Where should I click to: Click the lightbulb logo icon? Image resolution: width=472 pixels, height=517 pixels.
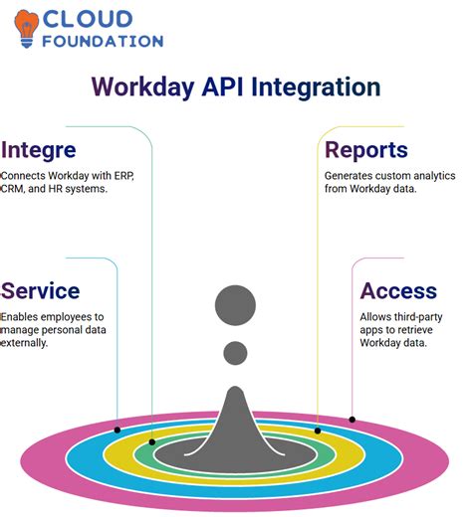point(27,28)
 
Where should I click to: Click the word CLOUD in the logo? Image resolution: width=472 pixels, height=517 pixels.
point(94,19)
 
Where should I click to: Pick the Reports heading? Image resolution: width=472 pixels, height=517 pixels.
point(366,150)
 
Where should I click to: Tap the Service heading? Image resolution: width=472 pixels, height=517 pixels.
point(41,290)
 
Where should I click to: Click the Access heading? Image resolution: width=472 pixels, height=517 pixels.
point(398,290)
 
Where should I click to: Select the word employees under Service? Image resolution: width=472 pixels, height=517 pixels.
point(60,316)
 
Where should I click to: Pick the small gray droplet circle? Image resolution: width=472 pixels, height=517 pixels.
point(236,352)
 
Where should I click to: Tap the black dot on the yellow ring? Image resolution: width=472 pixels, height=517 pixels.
point(318,431)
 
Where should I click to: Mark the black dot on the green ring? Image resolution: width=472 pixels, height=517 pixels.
point(151,441)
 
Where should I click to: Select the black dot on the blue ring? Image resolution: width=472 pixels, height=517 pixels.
point(118,430)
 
